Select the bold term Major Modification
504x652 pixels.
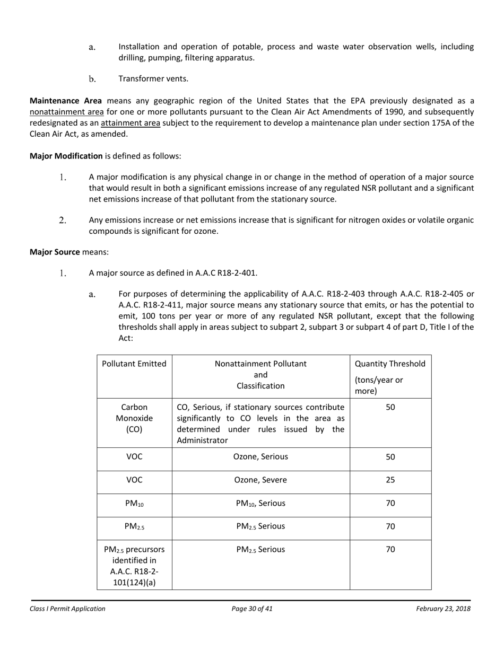tap(66, 156)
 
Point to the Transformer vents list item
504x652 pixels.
tap(153, 79)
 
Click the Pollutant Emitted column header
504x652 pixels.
tap(134, 364)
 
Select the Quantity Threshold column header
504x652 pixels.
tap(390, 364)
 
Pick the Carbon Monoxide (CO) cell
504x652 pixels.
tap(134, 418)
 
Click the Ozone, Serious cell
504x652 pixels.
tap(260, 457)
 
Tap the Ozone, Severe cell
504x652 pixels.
tap(260, 480)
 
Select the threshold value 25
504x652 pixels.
tap(390, 480)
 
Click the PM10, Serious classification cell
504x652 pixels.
tap(260, 504)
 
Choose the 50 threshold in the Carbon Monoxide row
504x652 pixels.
tap(390, 407)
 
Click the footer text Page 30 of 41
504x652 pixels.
tap(252, 609)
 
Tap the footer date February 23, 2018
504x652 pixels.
tap(443, 609)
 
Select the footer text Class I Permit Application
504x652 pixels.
tap(67, 609)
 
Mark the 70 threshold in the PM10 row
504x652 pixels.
tap(390, 504)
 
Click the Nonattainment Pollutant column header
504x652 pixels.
tap(260, 375)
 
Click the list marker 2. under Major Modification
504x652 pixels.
tap(63, 220)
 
